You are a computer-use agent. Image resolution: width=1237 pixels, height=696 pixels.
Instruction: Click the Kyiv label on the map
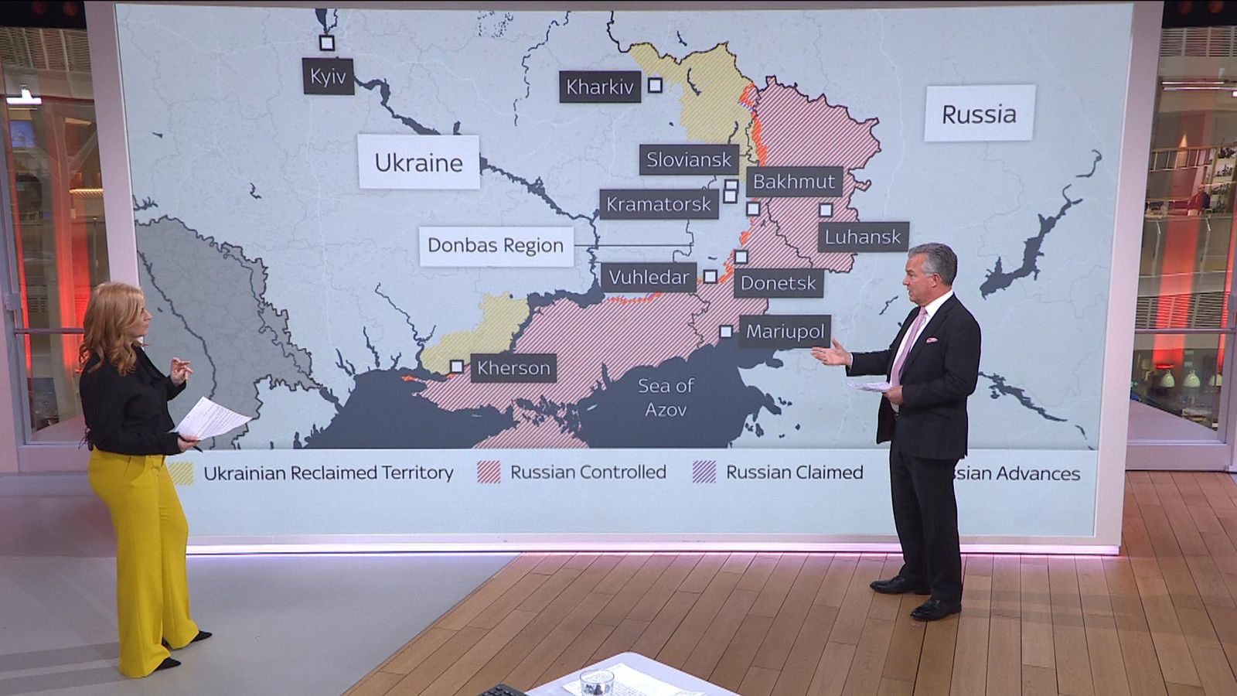(328, 77)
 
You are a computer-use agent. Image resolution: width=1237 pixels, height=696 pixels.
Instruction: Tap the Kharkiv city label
(600, 87)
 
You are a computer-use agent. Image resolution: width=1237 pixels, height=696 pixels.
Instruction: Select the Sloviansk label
(688, 160)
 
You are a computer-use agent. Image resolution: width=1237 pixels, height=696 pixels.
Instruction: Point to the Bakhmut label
(794, 182)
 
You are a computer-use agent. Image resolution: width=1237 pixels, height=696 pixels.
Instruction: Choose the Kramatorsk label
(658, 204)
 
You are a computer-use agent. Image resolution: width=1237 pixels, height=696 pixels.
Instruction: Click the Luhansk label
(863, 237)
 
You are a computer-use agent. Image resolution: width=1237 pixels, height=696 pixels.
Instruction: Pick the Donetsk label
(778, 283)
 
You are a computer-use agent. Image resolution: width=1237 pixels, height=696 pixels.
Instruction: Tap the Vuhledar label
(648, 277)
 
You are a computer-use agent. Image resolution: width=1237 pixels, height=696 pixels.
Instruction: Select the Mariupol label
(785, 332)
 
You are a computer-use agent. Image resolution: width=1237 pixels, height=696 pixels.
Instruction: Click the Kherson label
(513, 368)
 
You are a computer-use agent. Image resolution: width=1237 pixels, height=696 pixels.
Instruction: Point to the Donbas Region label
(496, 246)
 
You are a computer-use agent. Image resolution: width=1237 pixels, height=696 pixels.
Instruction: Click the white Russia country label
(979, 114)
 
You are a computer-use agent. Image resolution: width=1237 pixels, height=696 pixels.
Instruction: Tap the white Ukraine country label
(418, 162)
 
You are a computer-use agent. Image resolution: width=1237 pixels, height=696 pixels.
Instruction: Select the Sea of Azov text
(666, 397)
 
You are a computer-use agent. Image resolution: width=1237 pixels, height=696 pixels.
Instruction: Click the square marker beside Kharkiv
(655, 85)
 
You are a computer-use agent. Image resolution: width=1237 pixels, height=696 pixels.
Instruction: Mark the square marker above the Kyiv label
(327, 43)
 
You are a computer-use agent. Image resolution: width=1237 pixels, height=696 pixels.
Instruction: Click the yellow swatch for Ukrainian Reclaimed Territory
(182, 473)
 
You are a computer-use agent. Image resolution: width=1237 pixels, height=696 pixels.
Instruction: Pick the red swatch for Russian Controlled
(489, 472)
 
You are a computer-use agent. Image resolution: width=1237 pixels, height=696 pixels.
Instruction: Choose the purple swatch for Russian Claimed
(704, 472)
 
